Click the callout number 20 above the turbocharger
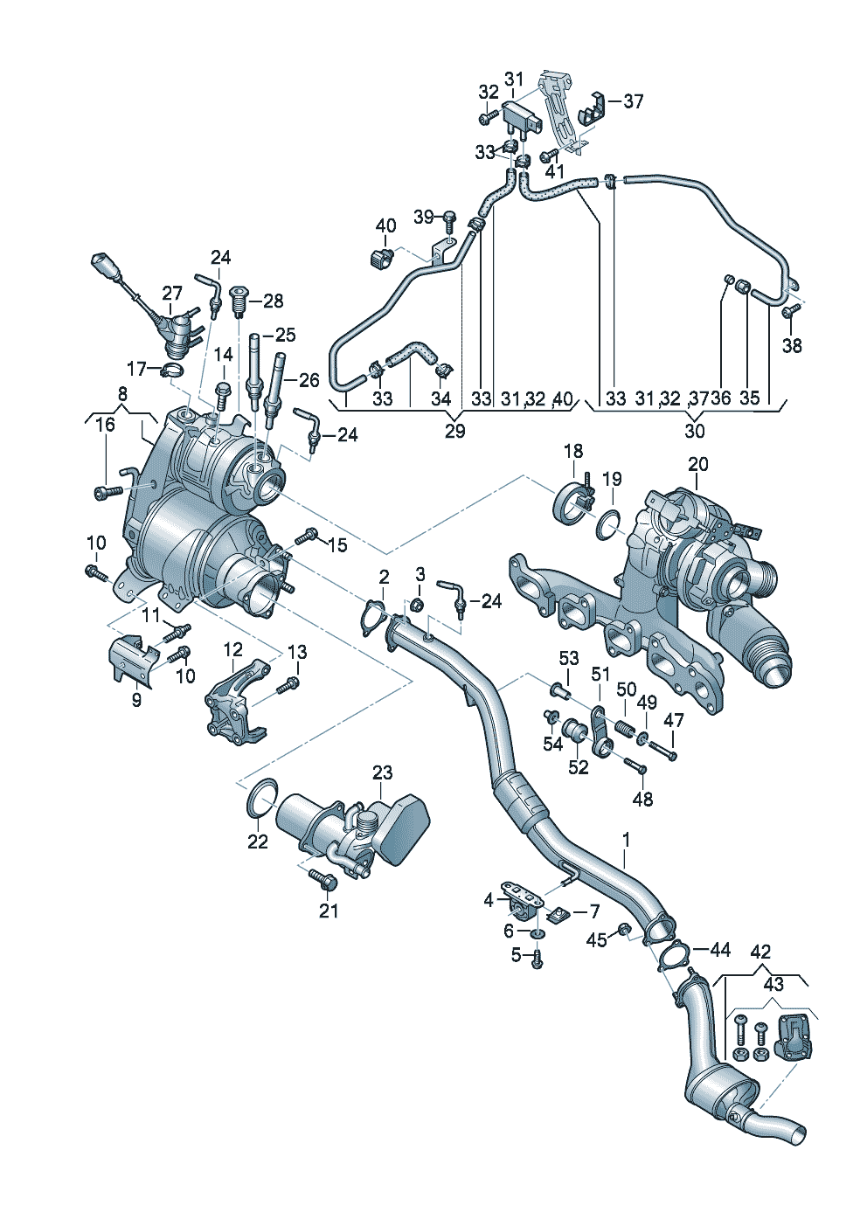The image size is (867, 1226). click(x=697, y=464)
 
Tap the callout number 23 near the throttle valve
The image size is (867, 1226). click(x=383, y=772)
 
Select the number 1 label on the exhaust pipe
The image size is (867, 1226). click(x=626, y=842)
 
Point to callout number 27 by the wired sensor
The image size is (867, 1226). click(x=172, y=294)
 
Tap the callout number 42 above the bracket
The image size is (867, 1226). click(x=760, y=952)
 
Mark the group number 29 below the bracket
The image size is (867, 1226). click(x=454, y=431)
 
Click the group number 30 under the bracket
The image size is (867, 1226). click(x=694, y=431)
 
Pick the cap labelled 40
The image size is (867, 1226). click(x=378, y=258)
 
